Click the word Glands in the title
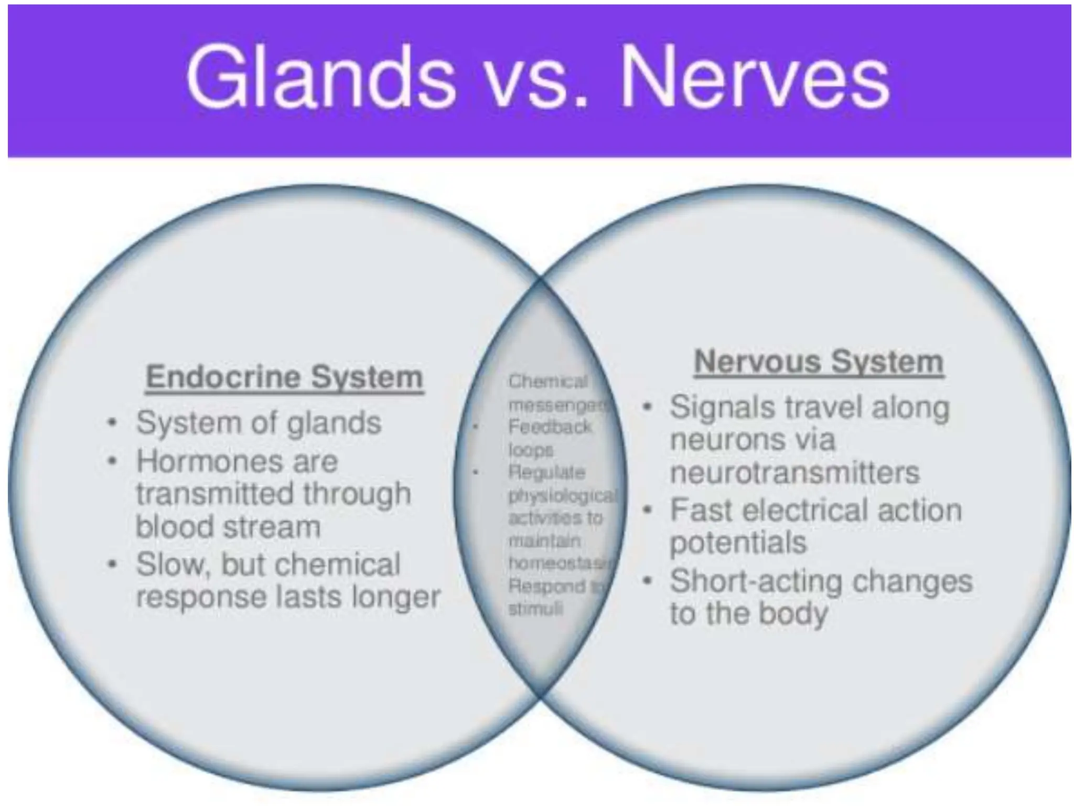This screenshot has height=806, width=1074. [x=320, y=77]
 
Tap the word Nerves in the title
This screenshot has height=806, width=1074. [x=755, y=77]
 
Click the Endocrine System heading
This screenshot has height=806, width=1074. [x=284, y=377]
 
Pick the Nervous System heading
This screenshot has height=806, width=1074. [x=819, y=362]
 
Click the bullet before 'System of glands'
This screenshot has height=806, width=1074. [x=111, y=423]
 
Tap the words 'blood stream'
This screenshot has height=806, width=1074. [x=228, y=527]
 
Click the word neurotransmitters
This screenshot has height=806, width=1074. [x=794, y=472]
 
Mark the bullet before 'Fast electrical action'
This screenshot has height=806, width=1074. [x=649, y=510]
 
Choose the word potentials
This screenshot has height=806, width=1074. [x=738, y=543]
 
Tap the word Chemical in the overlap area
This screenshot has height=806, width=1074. [x=547, y=381]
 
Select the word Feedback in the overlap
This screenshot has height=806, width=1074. [x=550, y=427]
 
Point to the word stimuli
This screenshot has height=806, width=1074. [x=535, y=609]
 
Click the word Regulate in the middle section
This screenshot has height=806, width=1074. [x=546, y=473]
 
